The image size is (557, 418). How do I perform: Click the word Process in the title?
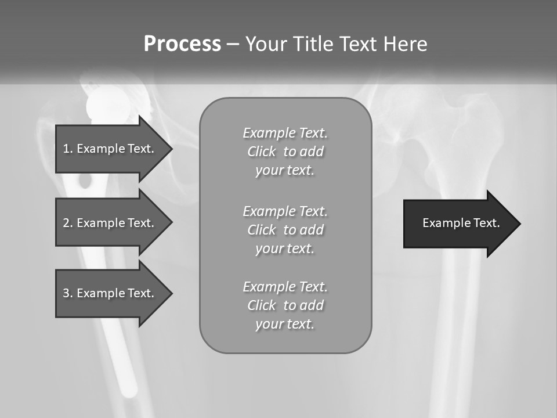[182, 44]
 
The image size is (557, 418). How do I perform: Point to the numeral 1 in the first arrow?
[66, 149]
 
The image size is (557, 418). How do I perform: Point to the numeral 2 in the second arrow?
[66, 223]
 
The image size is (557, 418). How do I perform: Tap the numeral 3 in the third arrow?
[66, 293]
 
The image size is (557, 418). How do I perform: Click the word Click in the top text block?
[261, 152]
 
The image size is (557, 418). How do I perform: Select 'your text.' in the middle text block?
[285, 248]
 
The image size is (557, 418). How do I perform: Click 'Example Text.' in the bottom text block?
[285, 287]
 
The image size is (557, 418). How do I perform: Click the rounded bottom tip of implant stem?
[129, 384]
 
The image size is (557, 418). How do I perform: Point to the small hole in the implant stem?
[85, 182]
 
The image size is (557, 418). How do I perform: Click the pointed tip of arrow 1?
[171, 149]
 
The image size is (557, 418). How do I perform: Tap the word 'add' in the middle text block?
[311, 230]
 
